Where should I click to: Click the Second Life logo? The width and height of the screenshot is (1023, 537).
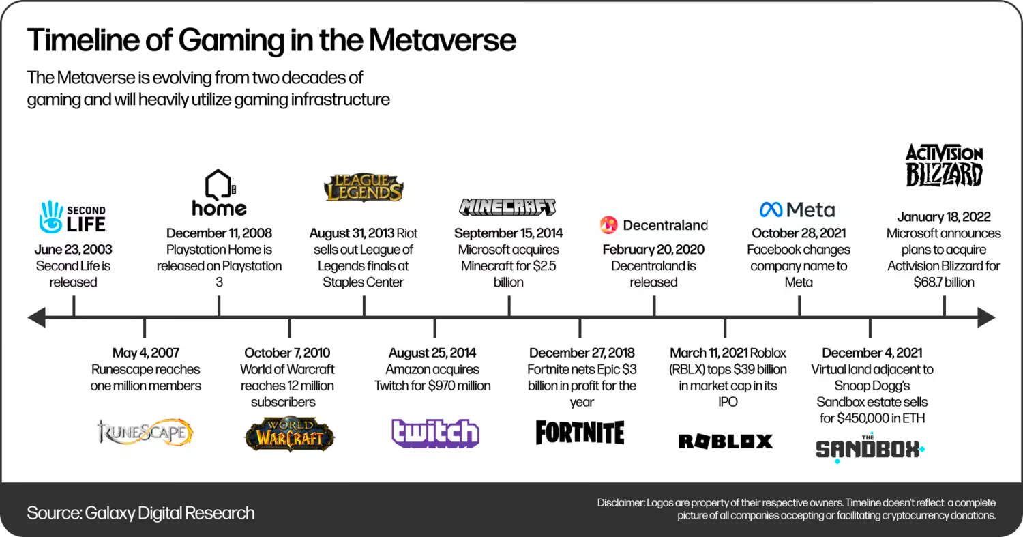pyautogui.click(x=73, y=216)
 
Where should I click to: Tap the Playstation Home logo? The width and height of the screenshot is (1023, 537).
pyautogui.click(x=219, y=192)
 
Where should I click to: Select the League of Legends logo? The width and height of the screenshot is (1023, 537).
pyautogui.click(x=364, y=188)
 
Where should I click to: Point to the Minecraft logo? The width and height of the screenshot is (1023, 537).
pyautogui.click(x=507, y=207)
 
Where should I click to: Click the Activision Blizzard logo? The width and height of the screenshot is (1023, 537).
pyautogui.click(x=944, y=165)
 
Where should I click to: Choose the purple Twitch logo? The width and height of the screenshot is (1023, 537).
pyautogui.click(x=435, y=433)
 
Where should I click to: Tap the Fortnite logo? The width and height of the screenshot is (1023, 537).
pyautogui.click(x=580, y=433)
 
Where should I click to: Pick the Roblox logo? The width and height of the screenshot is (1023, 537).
pyautogui.click(x=726, y=441)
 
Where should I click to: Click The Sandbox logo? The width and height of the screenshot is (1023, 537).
pyautogui.click(x=870, y=448)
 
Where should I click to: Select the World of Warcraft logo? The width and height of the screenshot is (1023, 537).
pyautogui.click(x=290, y=434)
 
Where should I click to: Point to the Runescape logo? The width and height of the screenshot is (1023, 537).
pyautogui.click(x=145, y=432)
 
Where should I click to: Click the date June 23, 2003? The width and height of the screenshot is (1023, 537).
pyautogui.click(x=73, y=250)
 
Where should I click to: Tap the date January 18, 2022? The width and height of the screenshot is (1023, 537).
pyautogui.click(x=944, y=216)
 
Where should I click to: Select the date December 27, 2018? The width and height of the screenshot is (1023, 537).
pyautogui.click(x=582, y=353)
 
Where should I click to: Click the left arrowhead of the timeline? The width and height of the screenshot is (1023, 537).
pyautogui.click(x=37, y=317)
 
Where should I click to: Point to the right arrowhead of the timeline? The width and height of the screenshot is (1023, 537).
pyautogui.click(x=986, y=317)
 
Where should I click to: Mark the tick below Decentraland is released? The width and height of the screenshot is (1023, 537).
pyautogui.click(x=654, y=305)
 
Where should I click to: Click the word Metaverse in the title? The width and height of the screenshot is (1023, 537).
pyautogui.click(x=443, y=40)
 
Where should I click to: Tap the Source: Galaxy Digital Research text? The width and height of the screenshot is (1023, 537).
pyautogui.click(x=140, y=513)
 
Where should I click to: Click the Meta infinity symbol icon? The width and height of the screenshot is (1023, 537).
pyautogui.click(x=771, y=209)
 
